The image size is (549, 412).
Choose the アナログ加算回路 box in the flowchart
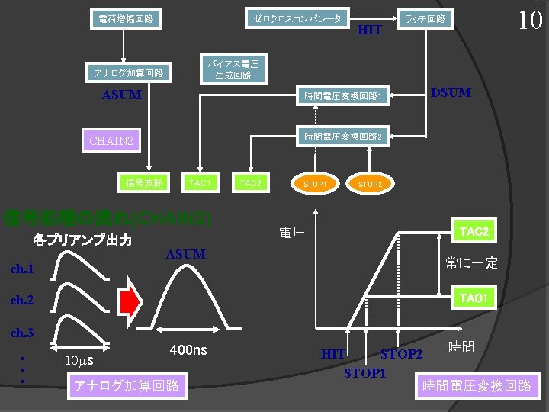(x=128, y=72)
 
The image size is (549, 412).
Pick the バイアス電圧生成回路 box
(x=234, y=69)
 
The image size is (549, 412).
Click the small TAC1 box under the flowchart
(x=200, y=183)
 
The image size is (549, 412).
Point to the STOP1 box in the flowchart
(x=315, y=184)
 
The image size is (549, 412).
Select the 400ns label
(x=188, y=349)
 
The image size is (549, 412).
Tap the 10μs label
(x=79, y=359)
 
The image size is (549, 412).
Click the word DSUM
(x=451, y=93)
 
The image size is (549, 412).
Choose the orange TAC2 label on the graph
(x=474, y=230)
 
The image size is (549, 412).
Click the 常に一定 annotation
(x=471, y=263)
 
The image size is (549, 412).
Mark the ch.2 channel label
(x=22, y=301)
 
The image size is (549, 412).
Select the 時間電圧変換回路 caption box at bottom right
(x=477, y=385)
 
